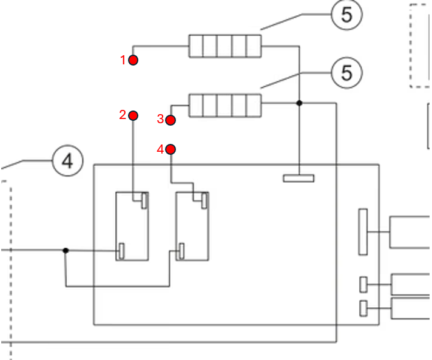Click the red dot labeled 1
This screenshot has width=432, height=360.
(133, 60)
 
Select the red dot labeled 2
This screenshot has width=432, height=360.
(133, 115)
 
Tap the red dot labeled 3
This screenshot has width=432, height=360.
(170, 120)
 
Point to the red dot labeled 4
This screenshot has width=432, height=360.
(170, 149)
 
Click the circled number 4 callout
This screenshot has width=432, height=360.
(67, 160)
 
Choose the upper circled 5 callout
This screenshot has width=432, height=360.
(346, 15)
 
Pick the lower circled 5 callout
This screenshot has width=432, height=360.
(346, 73)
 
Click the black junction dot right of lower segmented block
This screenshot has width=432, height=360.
(299, 103)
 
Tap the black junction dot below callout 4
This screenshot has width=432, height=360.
(66, 250)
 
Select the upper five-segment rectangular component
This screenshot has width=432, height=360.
(225, 46)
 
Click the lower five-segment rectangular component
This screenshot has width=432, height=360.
(225, 106)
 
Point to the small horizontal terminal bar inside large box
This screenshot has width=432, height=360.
(299, 178)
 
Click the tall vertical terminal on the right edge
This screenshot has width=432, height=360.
(363, 232)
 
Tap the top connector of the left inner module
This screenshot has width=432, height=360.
(144, 201)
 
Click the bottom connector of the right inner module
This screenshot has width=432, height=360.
(181, 251)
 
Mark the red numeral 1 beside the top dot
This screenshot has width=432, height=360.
(123, 60)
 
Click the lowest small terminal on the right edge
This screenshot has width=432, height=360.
(363, 308)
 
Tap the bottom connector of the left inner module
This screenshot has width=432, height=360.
(121, 251)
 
